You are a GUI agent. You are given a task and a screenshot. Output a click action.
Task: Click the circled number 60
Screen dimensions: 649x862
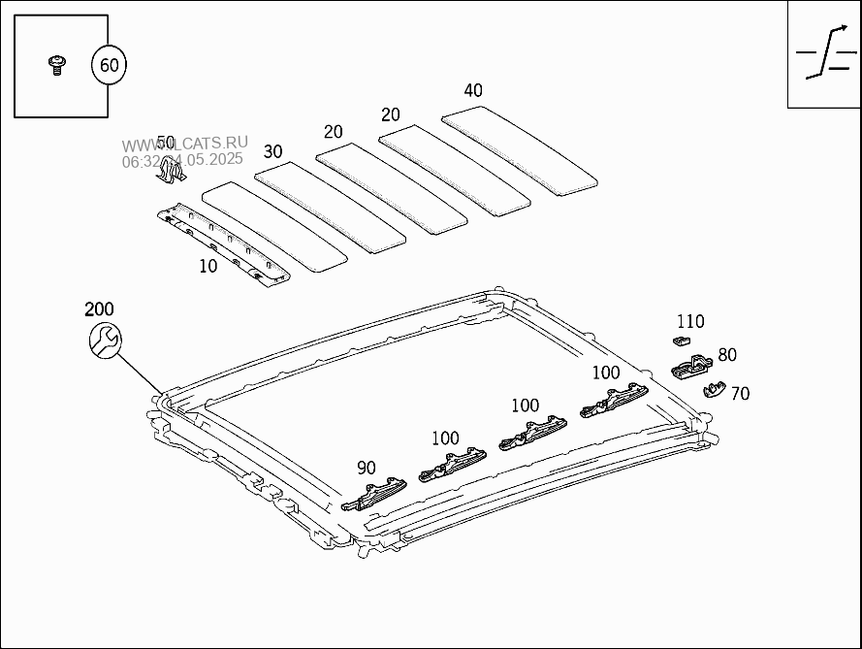coord(109,66)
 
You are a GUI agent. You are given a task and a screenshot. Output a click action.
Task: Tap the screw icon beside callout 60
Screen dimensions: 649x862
coord(57,65)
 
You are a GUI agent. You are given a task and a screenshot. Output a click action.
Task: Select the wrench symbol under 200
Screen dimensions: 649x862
coord(105,340)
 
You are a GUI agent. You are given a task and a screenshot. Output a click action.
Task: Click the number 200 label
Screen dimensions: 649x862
coord(99,309)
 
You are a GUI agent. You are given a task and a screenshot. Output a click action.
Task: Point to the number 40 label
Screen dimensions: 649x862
coord(473,91)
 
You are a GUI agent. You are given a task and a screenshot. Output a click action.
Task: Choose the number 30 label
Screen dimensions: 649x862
coord(273,151)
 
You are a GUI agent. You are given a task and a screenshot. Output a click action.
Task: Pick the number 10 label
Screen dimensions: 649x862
coord(208,267)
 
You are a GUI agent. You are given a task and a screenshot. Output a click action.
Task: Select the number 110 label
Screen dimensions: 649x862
coord(690,322)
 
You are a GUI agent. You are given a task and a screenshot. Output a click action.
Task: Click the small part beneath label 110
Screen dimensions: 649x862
coord(680,341)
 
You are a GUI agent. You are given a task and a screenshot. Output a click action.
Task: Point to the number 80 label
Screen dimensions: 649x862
coord(727,356)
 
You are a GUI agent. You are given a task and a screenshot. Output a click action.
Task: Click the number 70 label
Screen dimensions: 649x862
coord(740,394)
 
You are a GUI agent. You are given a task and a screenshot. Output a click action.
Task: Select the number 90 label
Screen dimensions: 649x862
coord(367,468)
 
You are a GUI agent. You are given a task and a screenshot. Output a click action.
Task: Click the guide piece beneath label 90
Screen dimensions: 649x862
coord(375,494)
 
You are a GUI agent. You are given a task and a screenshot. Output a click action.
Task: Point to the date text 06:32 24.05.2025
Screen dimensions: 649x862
coord(182,160)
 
